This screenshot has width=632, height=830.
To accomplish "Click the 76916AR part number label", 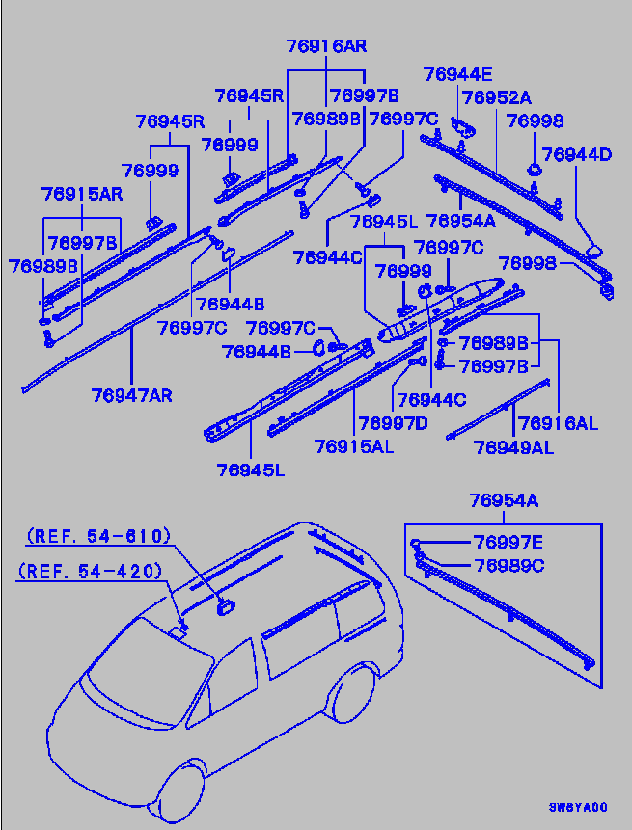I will pos(326,46).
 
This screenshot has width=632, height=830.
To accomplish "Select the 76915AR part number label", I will pos(82,194).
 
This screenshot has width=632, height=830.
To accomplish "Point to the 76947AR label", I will pos(132,394).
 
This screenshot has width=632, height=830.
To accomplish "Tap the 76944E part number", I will pos(457,74).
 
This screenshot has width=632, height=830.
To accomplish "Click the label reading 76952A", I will pos(496,97).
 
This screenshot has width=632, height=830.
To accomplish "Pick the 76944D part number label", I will pos(577,153).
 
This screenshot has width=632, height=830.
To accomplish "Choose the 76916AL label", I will pos(559,422).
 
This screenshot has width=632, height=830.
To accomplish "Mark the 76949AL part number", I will pos(513,446).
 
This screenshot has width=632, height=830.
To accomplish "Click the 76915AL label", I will pos(353,445).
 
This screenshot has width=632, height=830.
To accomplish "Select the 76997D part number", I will pos(394,422).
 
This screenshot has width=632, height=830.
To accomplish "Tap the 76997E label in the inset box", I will pos(508,543).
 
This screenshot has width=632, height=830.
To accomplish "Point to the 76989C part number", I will pos(508,566).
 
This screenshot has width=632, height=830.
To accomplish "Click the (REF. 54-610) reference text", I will pos(97,536).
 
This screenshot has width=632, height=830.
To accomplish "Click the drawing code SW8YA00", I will pos(578,807).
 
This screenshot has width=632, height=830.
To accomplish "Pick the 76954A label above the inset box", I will pos(504,500).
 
